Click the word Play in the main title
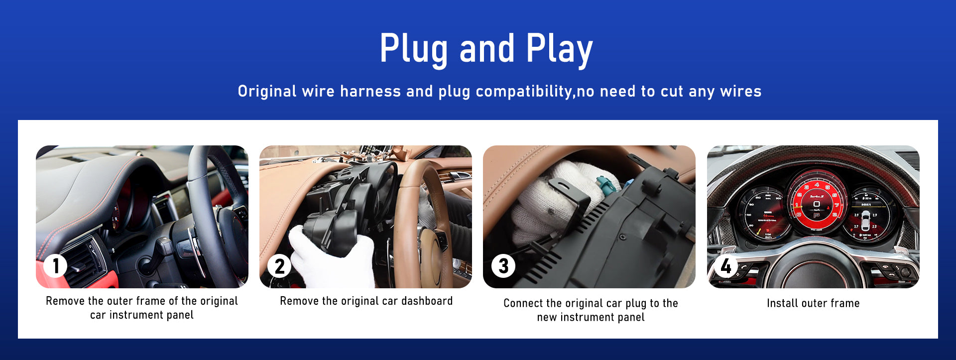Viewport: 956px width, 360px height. (559, 49)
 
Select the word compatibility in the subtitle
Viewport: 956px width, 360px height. (524, 92)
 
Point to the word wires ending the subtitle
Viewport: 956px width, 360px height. (741, 91)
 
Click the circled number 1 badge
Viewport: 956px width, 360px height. (55, 266)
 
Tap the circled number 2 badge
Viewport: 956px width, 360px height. (279, 266)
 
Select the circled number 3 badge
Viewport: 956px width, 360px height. (503, 266)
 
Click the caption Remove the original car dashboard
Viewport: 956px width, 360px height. (366, 301)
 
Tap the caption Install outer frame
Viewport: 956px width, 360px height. (813, 303)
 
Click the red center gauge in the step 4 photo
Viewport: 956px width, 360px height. (817, 202)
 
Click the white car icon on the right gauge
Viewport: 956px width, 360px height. (866, 220)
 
